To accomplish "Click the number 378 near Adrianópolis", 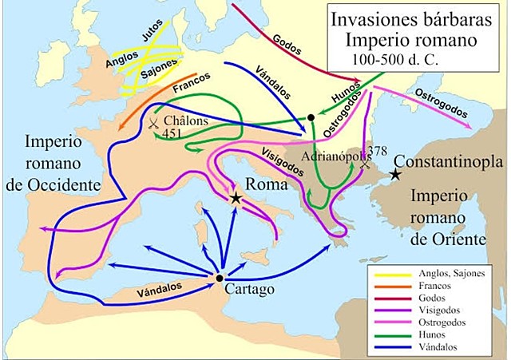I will tap(378, 151).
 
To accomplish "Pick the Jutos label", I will tap(151, 35).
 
